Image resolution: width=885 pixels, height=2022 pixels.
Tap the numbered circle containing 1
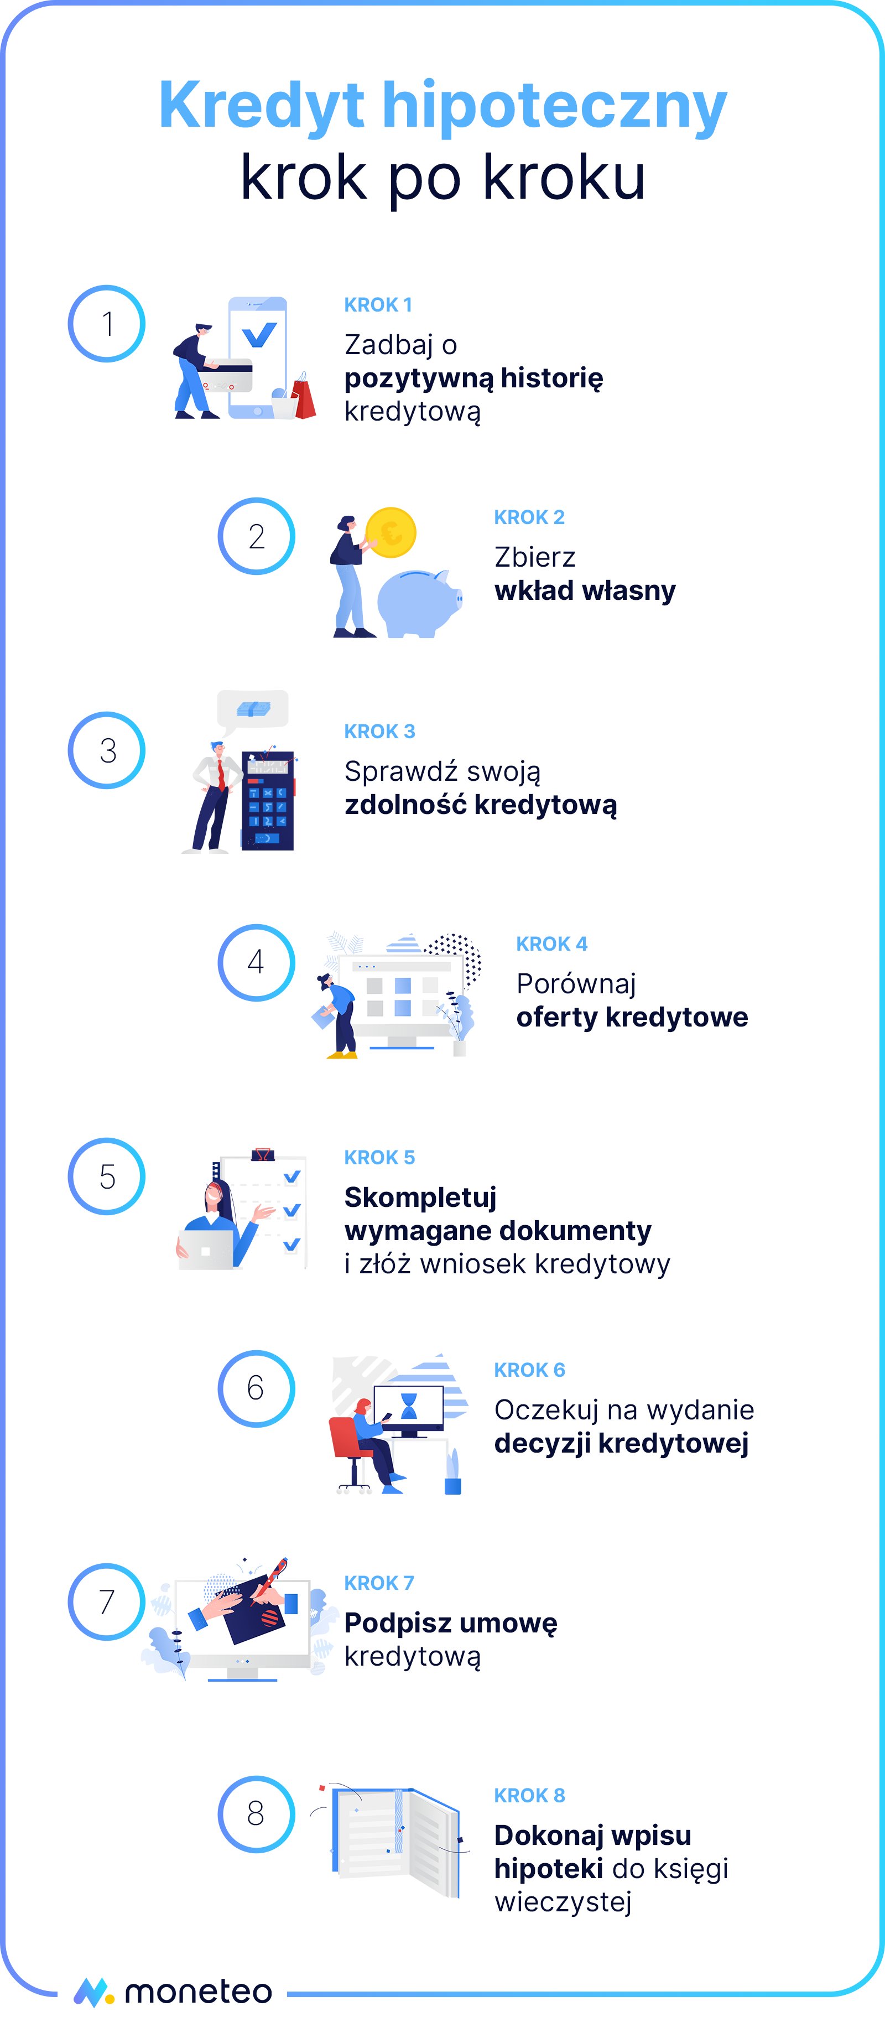107,323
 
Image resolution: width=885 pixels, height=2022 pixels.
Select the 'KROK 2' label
529,517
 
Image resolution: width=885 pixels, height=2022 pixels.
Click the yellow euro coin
391,532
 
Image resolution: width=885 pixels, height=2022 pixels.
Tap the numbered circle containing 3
107,750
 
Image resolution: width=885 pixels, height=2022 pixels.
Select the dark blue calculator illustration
268,801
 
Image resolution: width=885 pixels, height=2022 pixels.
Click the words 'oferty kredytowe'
632,1017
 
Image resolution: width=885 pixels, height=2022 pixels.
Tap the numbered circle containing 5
107,1176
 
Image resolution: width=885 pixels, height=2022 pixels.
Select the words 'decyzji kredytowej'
621,1444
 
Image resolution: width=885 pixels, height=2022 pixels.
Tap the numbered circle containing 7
107,1602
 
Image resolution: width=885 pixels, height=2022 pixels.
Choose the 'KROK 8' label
529,1796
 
